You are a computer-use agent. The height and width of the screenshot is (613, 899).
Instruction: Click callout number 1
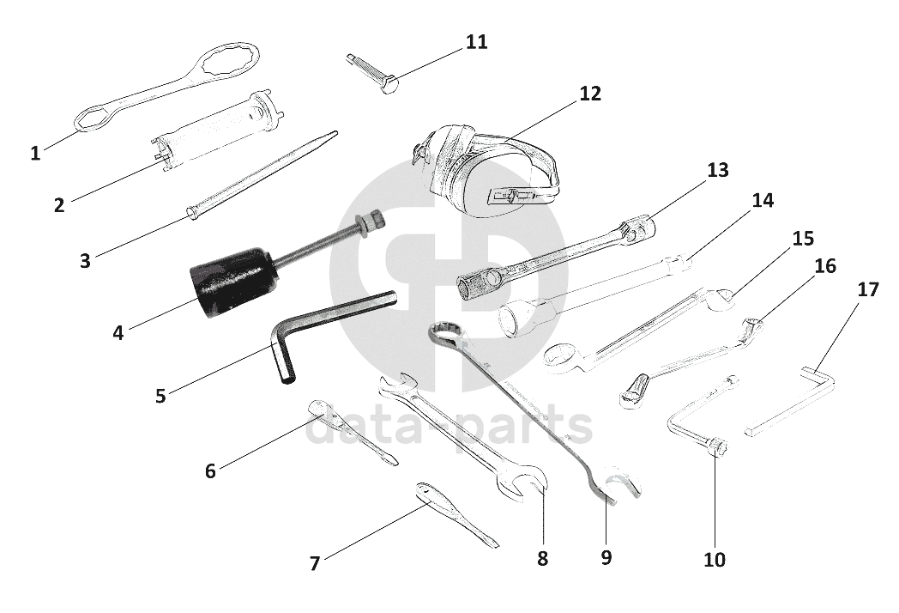coord(35,154)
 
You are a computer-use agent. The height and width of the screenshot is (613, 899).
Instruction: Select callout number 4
coord(118,332)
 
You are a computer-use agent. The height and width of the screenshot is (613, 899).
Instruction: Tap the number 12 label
coord(590,94)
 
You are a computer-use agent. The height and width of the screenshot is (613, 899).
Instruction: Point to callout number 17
coord(868,289)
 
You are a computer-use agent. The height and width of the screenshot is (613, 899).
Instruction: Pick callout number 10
coord(714,560)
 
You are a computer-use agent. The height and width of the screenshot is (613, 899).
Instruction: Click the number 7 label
coord(315,563)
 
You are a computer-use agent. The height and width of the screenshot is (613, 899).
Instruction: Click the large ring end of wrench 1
coord(226,61)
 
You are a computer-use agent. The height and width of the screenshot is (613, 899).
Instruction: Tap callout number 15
coord(802,238)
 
